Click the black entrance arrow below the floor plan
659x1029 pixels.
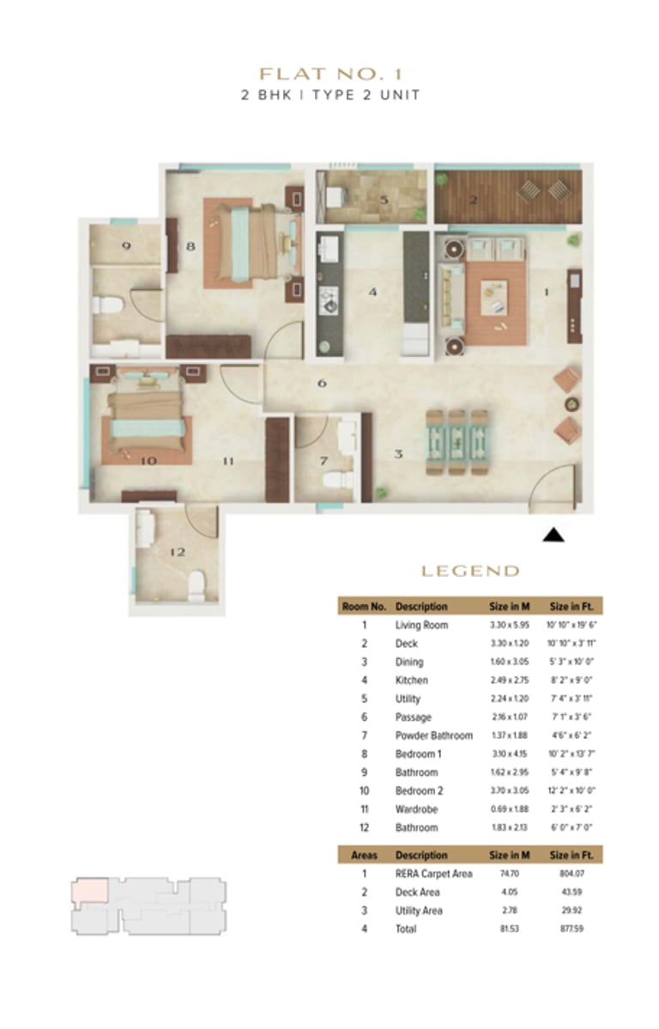(x=554, y=536)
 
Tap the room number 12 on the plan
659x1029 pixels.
(x=177, y=553)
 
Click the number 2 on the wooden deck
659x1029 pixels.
(x=473, y=200)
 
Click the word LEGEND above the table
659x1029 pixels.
(x=469, y=571)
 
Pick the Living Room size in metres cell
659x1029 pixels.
(x=503, y=625)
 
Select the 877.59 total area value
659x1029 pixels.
(x=575, y=929)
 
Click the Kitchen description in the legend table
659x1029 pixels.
(x=411, y=680)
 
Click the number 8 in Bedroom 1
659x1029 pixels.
(x=190, y=246)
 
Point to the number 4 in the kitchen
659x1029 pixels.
(x=372, y=292)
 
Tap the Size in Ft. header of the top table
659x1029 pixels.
(x=575, y=606)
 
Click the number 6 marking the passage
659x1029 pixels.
(x=322, y=383)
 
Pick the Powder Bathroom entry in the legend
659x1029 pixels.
(x=433, y=735)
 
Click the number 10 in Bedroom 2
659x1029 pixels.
(x=148, y=461)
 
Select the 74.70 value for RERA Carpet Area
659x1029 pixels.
(x=503, y=874)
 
